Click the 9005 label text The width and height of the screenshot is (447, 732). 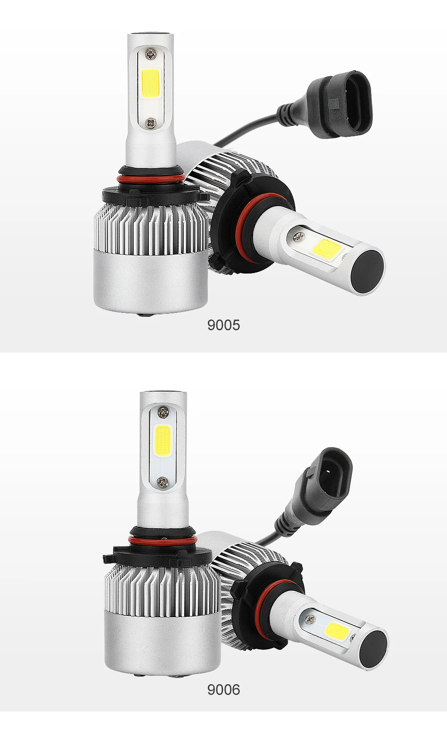pos(223,325)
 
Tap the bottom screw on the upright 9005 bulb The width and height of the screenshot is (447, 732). pos(151,123)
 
